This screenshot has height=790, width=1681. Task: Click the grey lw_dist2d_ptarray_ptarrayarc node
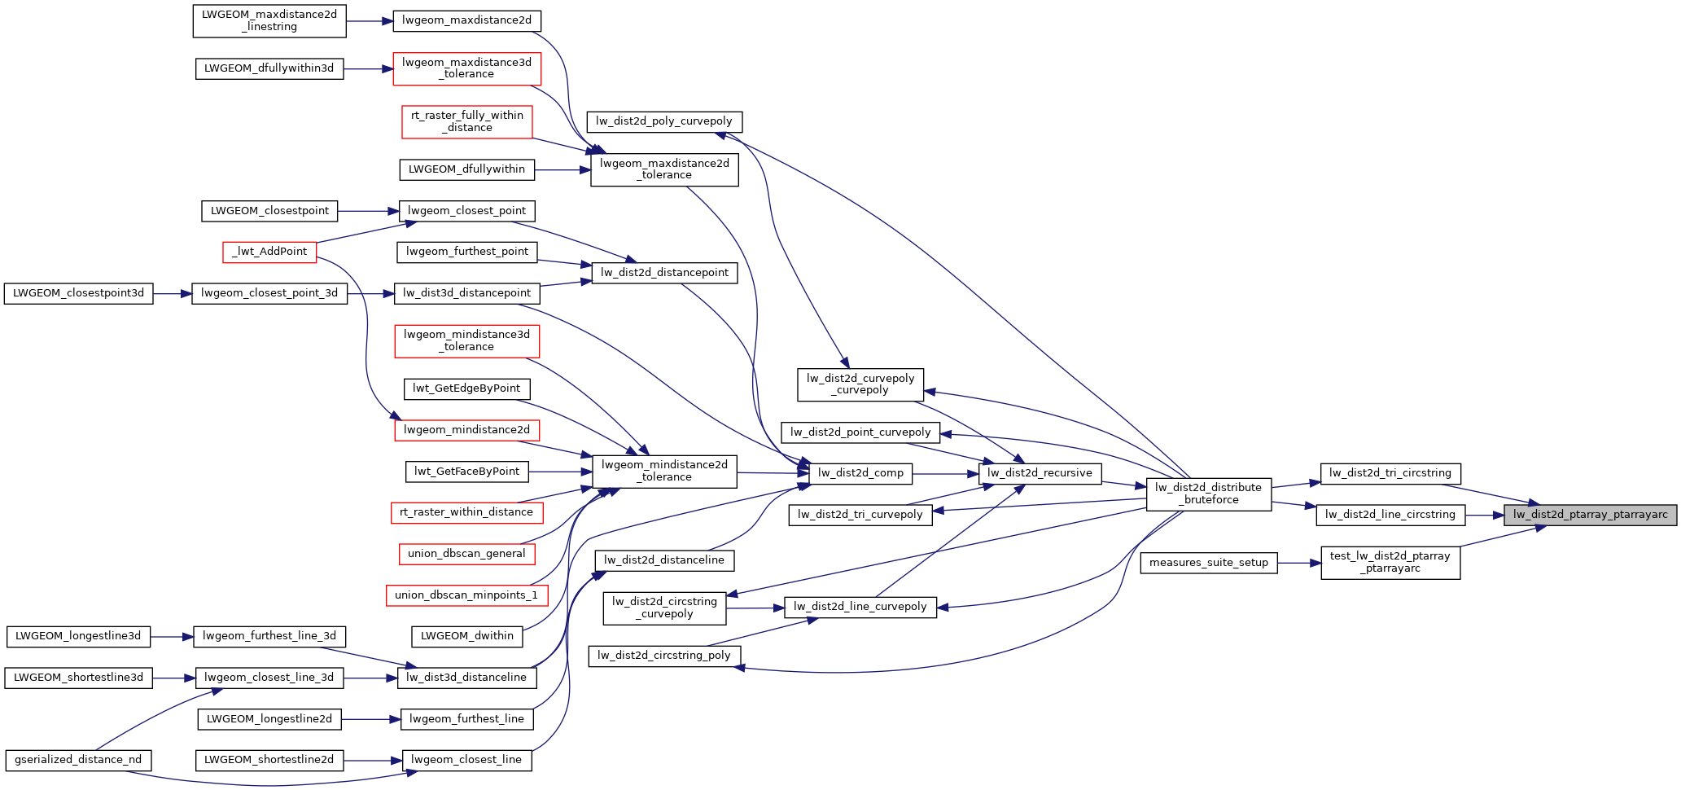click(1590, 515)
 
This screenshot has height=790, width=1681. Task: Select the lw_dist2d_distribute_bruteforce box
click(1208, 494)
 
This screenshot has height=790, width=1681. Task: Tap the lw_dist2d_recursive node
click(1040, 473)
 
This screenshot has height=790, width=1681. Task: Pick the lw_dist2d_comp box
click(860, 473)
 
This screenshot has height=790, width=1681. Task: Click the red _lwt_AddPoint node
click(269, 252)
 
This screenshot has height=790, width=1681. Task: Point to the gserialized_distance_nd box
click(78, 760)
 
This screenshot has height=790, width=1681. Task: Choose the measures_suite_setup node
click(1208, 563)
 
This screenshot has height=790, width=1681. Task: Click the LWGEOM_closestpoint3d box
click(78, 293)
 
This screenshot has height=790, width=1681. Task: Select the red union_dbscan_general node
click(466, 554)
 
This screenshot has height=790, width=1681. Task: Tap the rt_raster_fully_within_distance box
click(466, 121)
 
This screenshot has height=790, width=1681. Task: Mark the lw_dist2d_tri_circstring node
click(1390, 473)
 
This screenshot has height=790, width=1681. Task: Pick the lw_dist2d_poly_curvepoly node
click(663, 121)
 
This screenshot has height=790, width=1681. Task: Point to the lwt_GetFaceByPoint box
click(466, 472)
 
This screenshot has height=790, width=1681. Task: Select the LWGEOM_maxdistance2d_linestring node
click(269, 20)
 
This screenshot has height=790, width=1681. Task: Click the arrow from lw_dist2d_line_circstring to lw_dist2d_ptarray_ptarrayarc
click(1484, 515)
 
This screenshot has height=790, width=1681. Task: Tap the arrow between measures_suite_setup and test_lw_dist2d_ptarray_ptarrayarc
click(1298, 563)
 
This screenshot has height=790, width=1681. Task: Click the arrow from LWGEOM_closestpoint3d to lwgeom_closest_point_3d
click(172, 293)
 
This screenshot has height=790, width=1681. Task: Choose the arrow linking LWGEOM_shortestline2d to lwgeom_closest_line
click(372, 760)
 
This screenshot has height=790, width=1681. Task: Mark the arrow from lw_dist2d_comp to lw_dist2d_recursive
click(944, 473)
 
